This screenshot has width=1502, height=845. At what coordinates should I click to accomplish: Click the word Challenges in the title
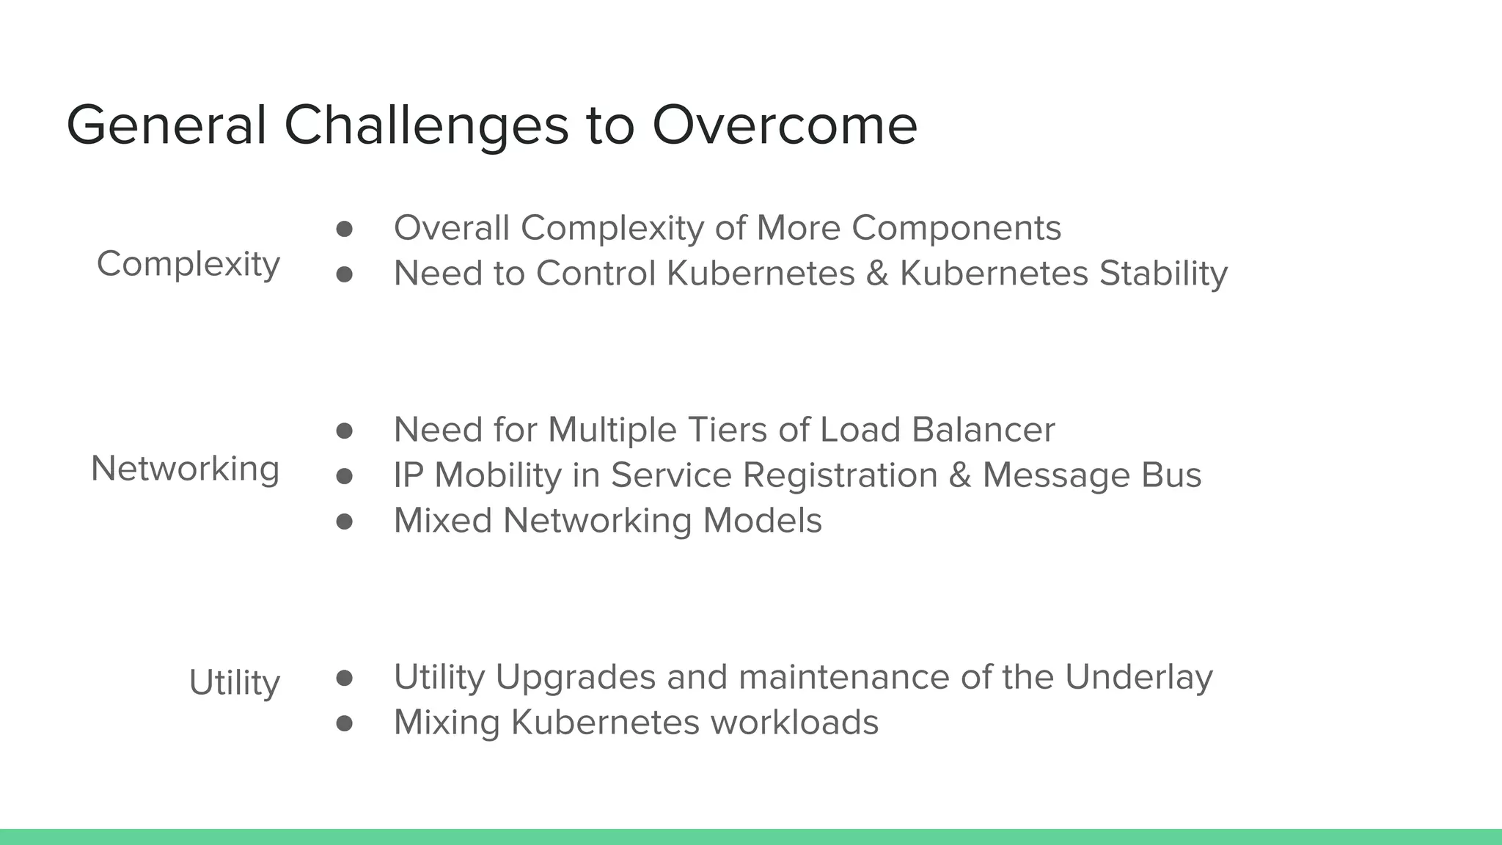click(425, 125)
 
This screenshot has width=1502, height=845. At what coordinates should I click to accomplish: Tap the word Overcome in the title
click(784, 125)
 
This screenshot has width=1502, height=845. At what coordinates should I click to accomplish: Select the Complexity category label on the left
click(188, 264)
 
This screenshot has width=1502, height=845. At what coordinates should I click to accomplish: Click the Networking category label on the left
click(185, 469)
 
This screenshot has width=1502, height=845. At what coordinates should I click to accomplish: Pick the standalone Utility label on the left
click(234, 683)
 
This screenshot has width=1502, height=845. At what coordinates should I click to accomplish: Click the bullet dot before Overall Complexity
click(344, 229)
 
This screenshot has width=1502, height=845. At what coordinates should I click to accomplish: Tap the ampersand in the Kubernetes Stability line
click(876, 274)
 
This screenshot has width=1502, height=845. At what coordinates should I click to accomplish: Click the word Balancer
click(983, 430)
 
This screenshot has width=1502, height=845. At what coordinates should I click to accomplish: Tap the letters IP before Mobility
click(408, 475)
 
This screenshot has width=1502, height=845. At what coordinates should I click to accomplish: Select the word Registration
click(840, 475)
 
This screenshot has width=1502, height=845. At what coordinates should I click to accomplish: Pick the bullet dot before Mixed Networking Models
click(344, 522)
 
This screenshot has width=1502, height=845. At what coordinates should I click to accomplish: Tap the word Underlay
click(1138, 677)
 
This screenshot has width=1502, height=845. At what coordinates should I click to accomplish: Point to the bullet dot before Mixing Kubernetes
click(344, 724)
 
